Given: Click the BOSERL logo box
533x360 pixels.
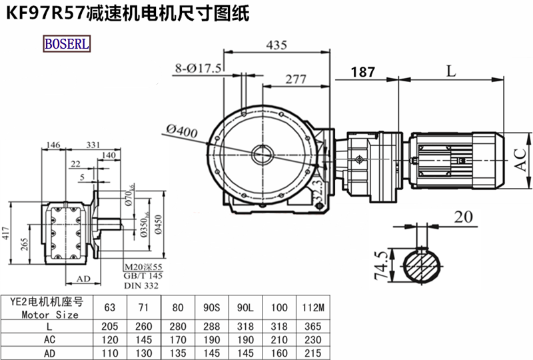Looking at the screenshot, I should [x=66, y=45].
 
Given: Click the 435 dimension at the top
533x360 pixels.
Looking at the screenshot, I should [x=276, y=45].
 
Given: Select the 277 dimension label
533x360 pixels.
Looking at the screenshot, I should [x=296, y=79].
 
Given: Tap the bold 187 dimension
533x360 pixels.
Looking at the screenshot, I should [x=362, y=71].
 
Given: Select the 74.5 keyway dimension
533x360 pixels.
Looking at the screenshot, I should [x=381, y=265].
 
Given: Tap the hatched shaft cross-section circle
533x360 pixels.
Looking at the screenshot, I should [x=422, y=265].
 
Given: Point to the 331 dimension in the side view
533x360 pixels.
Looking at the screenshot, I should [x=94, y=144].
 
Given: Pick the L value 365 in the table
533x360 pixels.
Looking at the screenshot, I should [x=308, y=327].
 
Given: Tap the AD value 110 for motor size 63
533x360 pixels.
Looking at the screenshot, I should [x=109, y=353].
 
